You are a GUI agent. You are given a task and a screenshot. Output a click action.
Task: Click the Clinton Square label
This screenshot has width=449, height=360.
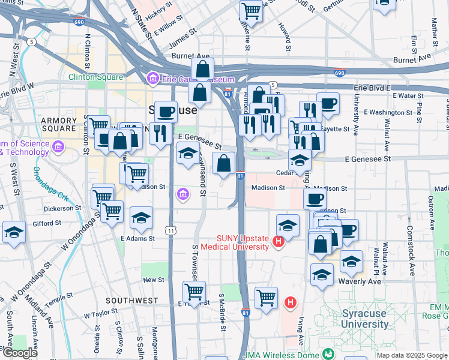(96, 77)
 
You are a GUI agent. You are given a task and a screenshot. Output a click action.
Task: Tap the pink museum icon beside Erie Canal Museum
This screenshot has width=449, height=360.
(152, 79)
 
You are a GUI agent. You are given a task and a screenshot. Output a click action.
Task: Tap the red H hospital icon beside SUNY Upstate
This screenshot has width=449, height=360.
(278, 242)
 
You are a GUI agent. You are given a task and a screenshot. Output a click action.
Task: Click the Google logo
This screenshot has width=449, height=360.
(20, 353)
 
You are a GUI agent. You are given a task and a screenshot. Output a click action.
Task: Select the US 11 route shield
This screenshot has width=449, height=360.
(172, 230)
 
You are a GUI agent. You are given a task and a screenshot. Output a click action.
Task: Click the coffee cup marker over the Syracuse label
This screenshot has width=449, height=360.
(166, 110)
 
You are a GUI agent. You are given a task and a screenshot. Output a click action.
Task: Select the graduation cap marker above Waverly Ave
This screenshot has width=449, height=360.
(351, 261)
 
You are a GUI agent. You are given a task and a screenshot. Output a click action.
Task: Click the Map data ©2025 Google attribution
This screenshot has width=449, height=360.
(412, 355)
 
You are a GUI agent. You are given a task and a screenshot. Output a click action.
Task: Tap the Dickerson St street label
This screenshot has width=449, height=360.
(62, 209)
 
